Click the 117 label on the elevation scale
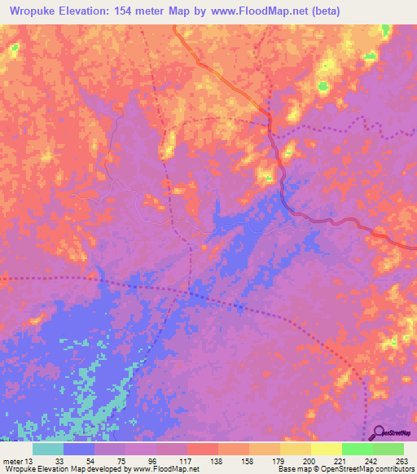click(x=189, y=461)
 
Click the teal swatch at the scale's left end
click(x=48, y=449)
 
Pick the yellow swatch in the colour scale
click(x=326, y=449)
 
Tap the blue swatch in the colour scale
click(x=79, y=449)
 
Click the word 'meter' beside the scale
click(x=13, y=461)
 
